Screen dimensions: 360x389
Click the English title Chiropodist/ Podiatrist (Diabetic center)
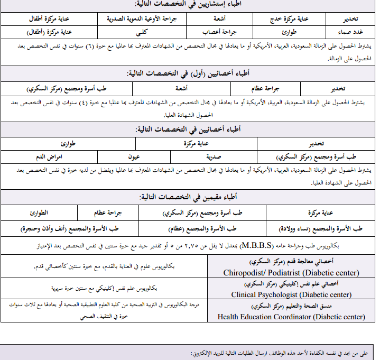[291, 273]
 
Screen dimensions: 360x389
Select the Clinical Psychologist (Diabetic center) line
[291, 294]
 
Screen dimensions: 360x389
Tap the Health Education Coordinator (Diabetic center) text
[291, 317]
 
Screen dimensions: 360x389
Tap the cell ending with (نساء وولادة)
[320, 228]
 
